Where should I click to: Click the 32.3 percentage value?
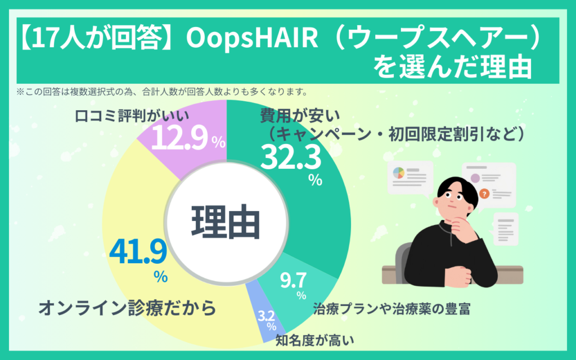[291, 157]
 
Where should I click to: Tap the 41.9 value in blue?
[138, 251]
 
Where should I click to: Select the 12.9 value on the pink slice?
[179, 138]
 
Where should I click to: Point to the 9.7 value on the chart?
[293, 280]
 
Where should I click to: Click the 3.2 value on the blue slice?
[266, 316]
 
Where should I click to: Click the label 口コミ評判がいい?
[132, 116]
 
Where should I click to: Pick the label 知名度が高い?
[315, 340]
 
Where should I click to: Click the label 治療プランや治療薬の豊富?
[391, 309]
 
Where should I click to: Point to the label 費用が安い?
[300, 116]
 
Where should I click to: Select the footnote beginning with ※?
[162, 92]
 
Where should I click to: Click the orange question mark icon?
[484, 193]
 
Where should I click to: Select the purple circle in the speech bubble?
[475, 178]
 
